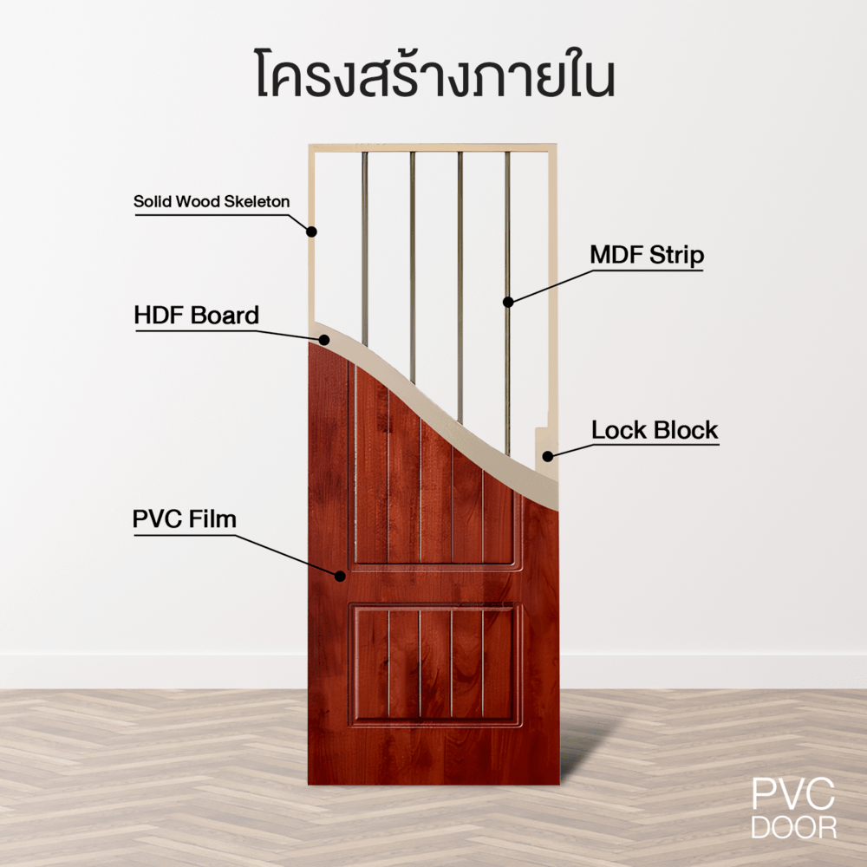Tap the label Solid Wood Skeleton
click(x=212, y=201)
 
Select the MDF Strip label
click(x=647, y=255)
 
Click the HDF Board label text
click(x=196, y=316)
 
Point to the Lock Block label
click(x=655, y=430)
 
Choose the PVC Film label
click(x=185, y=519)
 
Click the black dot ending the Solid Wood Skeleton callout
click(x=312, y=231)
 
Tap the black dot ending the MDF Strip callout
click(x=508, y=302)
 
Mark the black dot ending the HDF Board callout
click(x=324, y=340)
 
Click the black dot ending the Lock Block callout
click(x=547, y=456)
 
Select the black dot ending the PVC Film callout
click(x=340, y=577)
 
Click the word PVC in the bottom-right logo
click(x=793, y=794)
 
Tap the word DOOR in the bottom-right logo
click(x=793, y=827)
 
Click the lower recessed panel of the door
click(x=436, y=663)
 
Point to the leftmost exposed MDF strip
click(x=364, y=248)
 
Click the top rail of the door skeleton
click(x=433, y=147)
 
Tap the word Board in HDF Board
click(x=225, y=316)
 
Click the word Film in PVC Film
click(x=213, y=519)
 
